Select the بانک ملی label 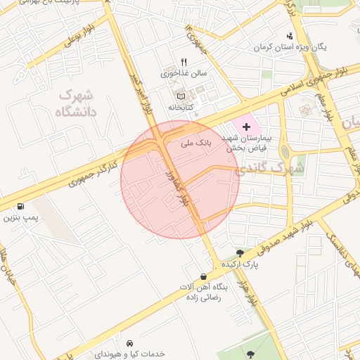point(195,143)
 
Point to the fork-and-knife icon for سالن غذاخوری point(184,62)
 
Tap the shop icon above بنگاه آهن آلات point(204,277)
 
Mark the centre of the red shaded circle point(180,180)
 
